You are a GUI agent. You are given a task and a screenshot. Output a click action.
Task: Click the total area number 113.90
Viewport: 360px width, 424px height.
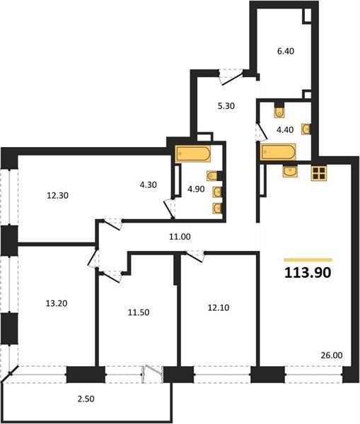click(x=308, y=273)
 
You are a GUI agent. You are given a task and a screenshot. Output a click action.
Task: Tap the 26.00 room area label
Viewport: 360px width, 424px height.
click(x=332, y=355)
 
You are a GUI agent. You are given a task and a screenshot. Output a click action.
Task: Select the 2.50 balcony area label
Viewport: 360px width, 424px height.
click(x=86, y=399)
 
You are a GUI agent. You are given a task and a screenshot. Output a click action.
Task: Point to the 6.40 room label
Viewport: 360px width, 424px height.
click(x=286, y=51)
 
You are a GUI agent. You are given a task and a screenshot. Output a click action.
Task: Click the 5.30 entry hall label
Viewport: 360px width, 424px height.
click(x=226, y=106)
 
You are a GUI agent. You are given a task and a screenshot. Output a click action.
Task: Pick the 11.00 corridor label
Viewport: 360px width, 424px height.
click(x=180, y=237)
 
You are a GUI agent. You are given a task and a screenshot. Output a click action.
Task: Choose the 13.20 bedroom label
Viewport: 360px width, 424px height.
click(x=57, y=303)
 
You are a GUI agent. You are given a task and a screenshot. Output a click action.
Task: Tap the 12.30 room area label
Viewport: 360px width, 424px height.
click(x=57, y=195)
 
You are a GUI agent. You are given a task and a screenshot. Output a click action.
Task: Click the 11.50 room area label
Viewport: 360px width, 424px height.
click(x=139, y=312)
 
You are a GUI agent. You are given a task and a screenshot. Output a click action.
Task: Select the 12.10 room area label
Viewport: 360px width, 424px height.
click(x=219, y=307)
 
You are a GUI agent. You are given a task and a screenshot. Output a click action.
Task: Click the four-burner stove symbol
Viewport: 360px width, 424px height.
click(x=319, y=173)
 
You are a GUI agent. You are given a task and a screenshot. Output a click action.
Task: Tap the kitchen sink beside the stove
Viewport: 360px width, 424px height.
click(x=290, y=171)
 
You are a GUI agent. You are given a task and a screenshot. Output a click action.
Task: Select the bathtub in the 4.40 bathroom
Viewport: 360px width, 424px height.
click(x=278, y=152)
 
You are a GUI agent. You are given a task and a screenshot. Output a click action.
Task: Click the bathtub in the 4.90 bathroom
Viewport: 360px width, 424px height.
click(x=192, y=154)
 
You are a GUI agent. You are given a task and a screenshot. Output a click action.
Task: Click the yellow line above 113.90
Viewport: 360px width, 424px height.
click(x=308, y=260)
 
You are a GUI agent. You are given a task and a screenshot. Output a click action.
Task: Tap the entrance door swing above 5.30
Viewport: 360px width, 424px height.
click(x=231, y=76)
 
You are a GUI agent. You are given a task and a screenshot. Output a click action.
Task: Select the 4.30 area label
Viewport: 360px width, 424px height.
click(x=148, y=184)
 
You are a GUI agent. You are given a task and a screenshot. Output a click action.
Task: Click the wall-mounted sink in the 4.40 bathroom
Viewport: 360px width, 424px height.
click(x=306, y=129)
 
